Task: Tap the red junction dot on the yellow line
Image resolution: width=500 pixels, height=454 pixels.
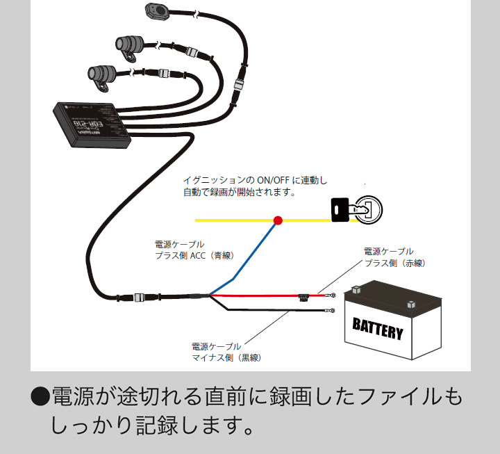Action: tap(278, 220)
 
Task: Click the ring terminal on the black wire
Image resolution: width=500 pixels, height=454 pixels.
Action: tap(331, 311)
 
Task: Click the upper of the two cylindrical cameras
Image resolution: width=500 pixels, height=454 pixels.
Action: tap(129, 46)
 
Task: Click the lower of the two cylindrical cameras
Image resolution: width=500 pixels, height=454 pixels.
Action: tap(101, 74)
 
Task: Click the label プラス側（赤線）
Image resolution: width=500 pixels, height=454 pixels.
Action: tap(394, 264)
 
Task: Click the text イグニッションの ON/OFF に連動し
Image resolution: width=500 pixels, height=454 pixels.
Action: tap(254, 180)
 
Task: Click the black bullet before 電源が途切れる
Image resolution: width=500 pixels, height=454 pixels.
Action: tap(41, 398)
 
